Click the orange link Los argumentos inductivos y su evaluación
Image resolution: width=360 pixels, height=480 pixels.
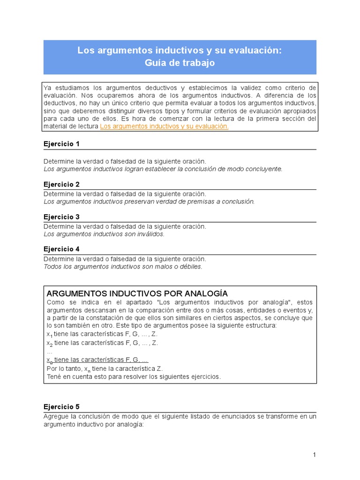(x=164, y=127)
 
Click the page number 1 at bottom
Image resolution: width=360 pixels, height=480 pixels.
(x=315, y=455)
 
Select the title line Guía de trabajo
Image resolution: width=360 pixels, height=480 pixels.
(x=180, y=63)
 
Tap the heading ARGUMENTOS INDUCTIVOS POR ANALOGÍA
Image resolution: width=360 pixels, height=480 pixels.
(x=137, y=293)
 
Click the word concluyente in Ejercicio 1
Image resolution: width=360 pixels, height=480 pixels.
(x=265, y=169)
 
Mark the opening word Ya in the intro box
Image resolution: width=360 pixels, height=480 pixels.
(x=47, y=88)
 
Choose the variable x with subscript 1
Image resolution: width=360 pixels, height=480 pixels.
(x=48, y=334)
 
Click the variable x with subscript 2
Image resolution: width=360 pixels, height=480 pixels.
(x=48, y=343)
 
